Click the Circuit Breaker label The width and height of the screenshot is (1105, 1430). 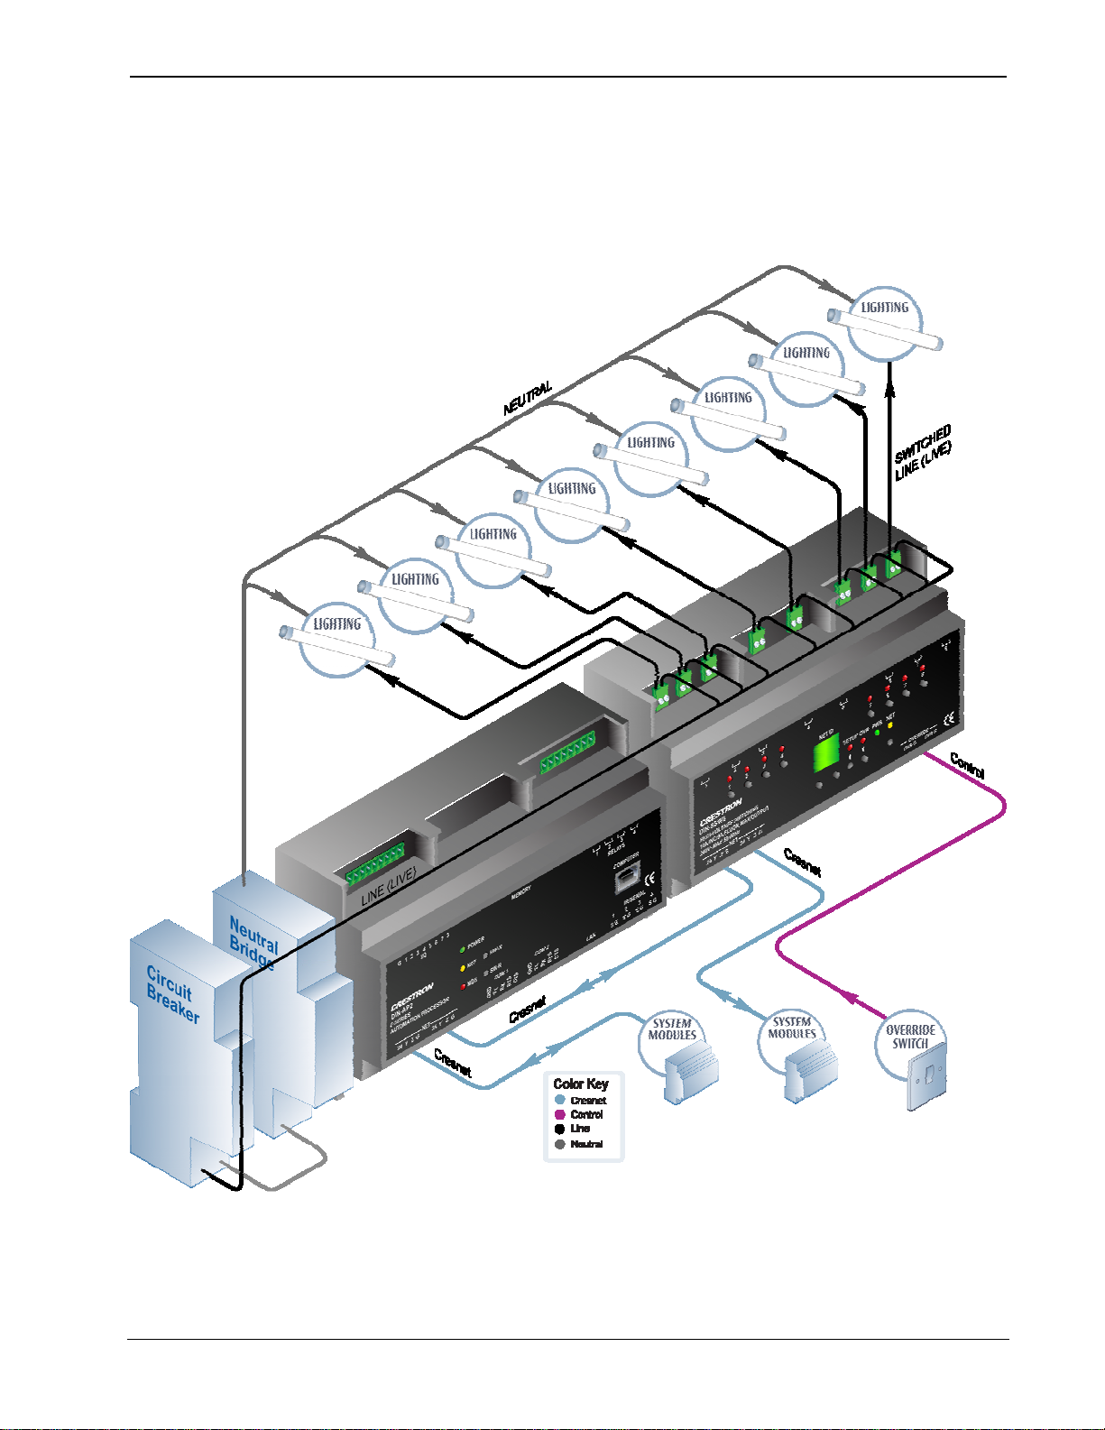coord(172,993)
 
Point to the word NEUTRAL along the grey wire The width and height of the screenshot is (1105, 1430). coord(528,399)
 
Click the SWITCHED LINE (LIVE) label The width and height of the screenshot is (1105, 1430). coord(922,454)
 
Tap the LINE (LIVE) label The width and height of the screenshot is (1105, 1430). coord(389,888)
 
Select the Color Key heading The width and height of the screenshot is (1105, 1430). coord(581,1084)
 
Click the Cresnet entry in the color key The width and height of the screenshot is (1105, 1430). coord(587,1101)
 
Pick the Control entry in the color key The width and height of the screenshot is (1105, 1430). coord(585,1115)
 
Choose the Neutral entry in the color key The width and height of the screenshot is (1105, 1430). coord(585,1144)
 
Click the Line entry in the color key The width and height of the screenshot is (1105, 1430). coord(579,1129)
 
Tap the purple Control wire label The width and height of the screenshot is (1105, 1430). coord(967,766)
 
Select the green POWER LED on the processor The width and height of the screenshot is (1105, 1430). coord(463,949)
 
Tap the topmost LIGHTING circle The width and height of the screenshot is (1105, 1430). coord(884,321)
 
